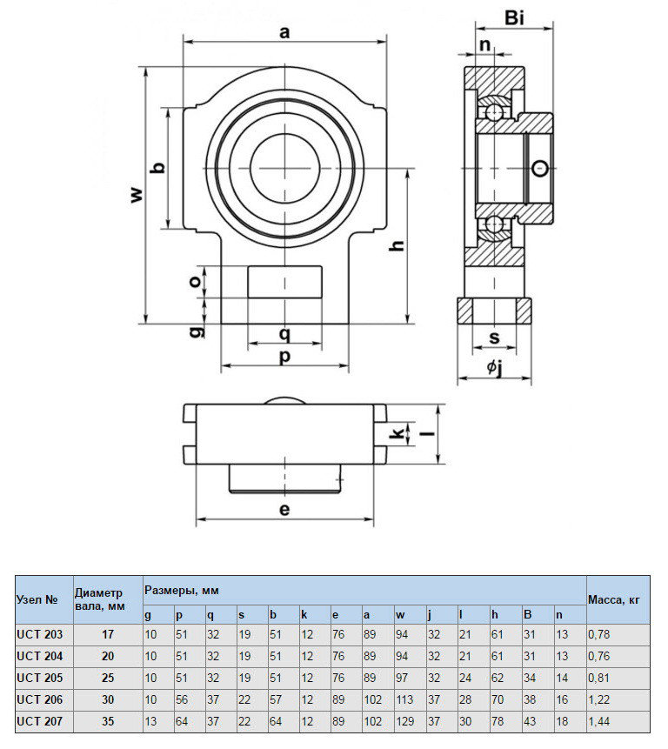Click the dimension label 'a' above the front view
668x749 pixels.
tap(284, 33)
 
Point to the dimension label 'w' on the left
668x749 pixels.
tap(136, 195)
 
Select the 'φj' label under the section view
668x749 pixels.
tap(494, 368)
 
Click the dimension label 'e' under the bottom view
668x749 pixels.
tap(284, 509)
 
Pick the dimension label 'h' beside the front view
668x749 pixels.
tap(397, 246)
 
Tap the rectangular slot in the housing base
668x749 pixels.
tap(284, 282)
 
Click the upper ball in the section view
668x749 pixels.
tap(494, 111)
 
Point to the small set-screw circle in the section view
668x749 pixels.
tap(541, 168)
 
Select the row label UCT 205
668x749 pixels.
tap(40, 674)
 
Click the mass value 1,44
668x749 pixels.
tap(600, 721)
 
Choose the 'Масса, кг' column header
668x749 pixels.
tap(614, 599)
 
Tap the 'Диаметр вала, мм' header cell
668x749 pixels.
tap(99, 599)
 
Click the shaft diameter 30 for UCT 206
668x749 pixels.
tap(108, 698)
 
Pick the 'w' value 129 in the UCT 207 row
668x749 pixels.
tap(405, 721)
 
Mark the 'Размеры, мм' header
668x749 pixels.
tap(182, 590)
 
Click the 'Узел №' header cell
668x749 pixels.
tap(37, 599)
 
